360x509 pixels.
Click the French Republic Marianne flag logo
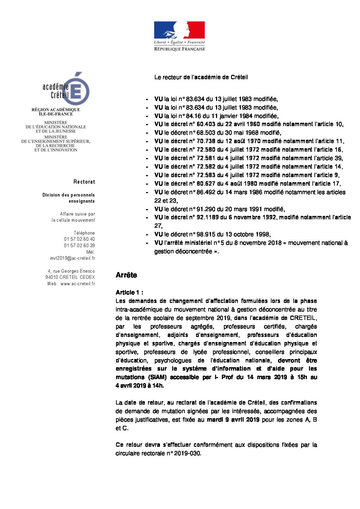coord(179,30)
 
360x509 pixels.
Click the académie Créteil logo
coord(66,89)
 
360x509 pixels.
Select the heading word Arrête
coord(126,275)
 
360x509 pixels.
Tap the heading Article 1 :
coord(129,292)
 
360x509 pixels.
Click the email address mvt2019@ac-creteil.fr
coord(72,258)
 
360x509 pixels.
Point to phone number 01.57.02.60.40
coord(79,239)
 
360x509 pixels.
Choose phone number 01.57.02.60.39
coord(79,245)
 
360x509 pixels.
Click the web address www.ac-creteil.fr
coord(78,284)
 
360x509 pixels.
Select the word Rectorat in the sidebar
coord(84,182)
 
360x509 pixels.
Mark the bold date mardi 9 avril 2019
coord(233,420)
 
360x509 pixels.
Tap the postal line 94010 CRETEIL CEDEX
coord(70,277)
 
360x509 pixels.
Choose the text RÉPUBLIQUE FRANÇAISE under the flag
coord(179,49)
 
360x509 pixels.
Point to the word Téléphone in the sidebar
coord(84,233)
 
